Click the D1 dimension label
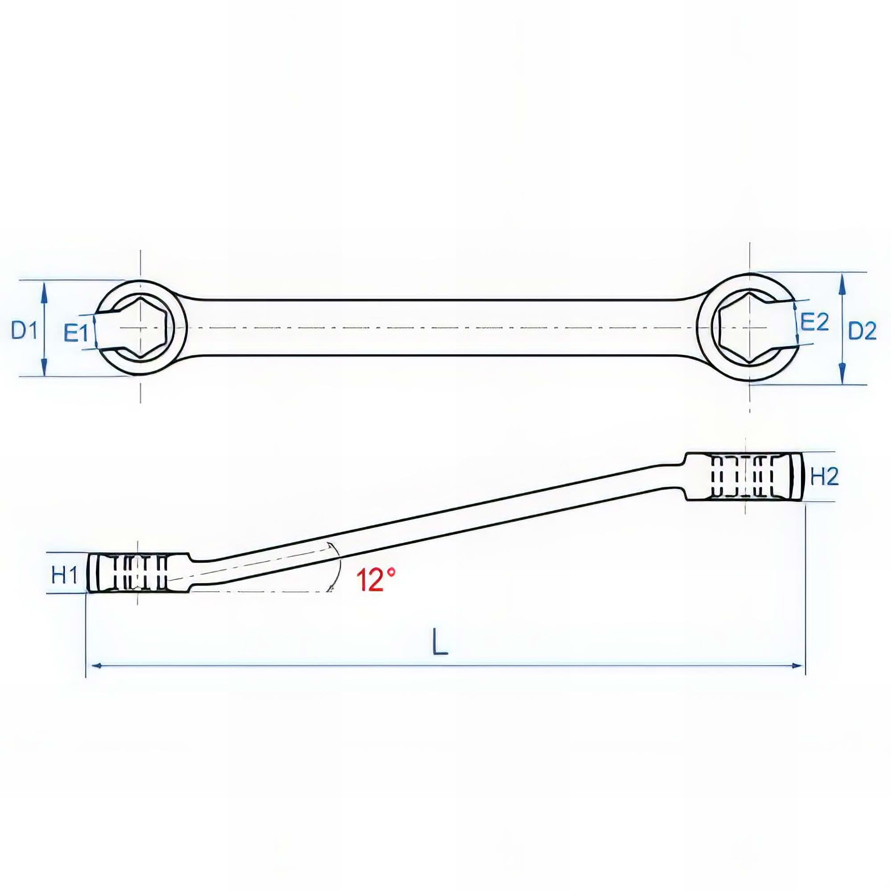25,331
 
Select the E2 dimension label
815,322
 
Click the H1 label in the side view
64,576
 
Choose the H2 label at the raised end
825,477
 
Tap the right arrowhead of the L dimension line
797,665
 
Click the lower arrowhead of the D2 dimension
842,374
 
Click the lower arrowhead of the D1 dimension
44,368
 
